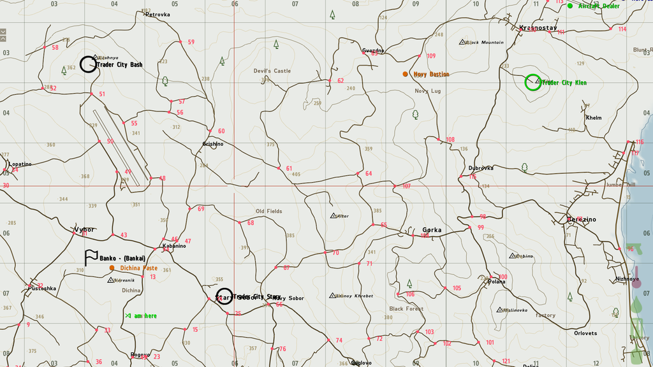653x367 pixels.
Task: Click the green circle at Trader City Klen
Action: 532,82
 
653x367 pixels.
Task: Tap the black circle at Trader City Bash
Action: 88,64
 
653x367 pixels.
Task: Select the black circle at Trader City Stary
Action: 224,296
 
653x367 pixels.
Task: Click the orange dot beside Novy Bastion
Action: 405,74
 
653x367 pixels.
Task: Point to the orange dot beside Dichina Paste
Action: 112,268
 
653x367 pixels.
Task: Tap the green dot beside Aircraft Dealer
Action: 570,6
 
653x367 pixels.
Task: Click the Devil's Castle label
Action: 272,71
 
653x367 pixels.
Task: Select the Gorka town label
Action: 432,230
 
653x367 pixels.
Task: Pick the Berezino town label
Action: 582,219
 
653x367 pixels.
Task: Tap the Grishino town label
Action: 213,144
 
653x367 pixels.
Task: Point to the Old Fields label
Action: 268,211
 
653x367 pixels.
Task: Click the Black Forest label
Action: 406,308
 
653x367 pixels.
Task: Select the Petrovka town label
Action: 158,14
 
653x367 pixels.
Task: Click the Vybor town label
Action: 84,229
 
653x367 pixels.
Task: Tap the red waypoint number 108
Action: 450,140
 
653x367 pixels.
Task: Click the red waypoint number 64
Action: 368,173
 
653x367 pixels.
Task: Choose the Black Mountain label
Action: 485,43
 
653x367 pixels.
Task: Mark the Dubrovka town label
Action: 481,168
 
